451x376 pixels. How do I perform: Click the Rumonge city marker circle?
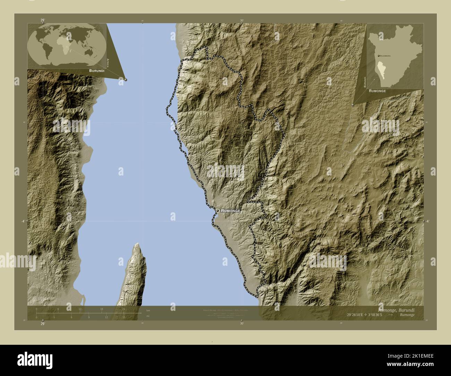(217, 211)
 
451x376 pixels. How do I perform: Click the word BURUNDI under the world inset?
(97, 70)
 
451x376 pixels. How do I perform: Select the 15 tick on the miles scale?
(124, 317)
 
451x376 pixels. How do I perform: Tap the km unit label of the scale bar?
(148, 310)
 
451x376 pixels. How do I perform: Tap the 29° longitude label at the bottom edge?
(42, 324)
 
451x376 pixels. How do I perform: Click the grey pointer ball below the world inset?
(126, 79)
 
